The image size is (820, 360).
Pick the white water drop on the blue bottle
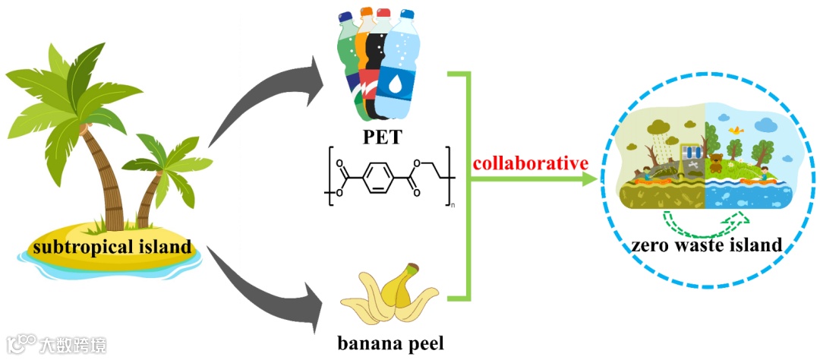click(x=395, y=84)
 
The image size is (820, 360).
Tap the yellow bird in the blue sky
click(x=734, y=131)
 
